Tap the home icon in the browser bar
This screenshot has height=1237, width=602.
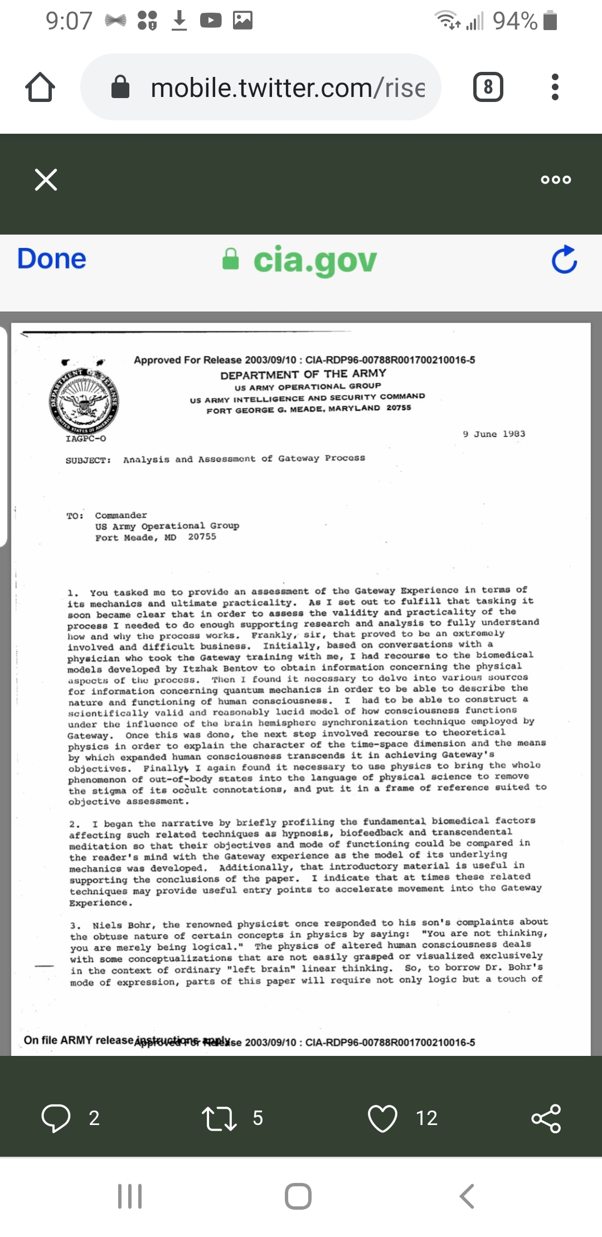[40, 87]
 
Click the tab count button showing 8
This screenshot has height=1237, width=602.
[488, 87]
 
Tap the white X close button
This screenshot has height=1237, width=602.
[46, 179]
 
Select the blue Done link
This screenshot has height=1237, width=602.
[51, 259]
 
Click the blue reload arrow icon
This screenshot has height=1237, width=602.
[564, 260]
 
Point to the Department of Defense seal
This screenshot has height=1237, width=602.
[84, 402]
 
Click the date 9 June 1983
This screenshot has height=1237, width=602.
[494, 434]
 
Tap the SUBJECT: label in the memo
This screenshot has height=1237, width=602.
[88, 460]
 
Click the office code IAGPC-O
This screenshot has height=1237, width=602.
[86, 439]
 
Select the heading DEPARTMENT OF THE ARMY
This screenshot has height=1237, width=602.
[303, 374]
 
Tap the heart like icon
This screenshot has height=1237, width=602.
[382, 1118]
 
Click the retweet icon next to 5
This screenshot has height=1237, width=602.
[219, 1118]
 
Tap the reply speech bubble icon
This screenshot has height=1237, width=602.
[56, 1118]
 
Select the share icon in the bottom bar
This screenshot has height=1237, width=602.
[546, 1118]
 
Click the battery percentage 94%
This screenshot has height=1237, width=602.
[514, 21]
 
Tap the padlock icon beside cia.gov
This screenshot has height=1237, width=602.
[230, 259]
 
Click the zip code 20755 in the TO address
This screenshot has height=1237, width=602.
[202, 537]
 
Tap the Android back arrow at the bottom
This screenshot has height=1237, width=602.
[467, 1196]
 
